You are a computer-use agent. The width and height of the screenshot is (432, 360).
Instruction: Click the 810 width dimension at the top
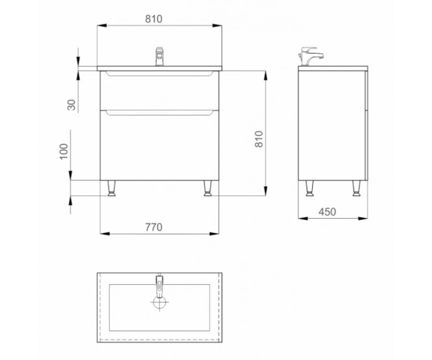[154, 19]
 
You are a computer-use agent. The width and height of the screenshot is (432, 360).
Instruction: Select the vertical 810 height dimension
[259, 139]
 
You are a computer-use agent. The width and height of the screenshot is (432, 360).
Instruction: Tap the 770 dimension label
[154, 227]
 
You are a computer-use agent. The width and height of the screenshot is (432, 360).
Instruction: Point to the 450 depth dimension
[327, 212]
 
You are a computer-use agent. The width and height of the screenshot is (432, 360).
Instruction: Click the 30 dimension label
[71, 105]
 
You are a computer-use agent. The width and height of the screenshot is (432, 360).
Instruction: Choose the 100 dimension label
[64, 151]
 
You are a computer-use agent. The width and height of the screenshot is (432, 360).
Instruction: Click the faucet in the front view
[160, 56]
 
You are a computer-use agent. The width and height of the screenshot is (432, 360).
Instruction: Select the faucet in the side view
[310, 56]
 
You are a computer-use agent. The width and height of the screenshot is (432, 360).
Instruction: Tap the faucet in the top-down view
[160, 285]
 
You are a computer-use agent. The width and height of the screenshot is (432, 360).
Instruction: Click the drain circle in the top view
[160, 302]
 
